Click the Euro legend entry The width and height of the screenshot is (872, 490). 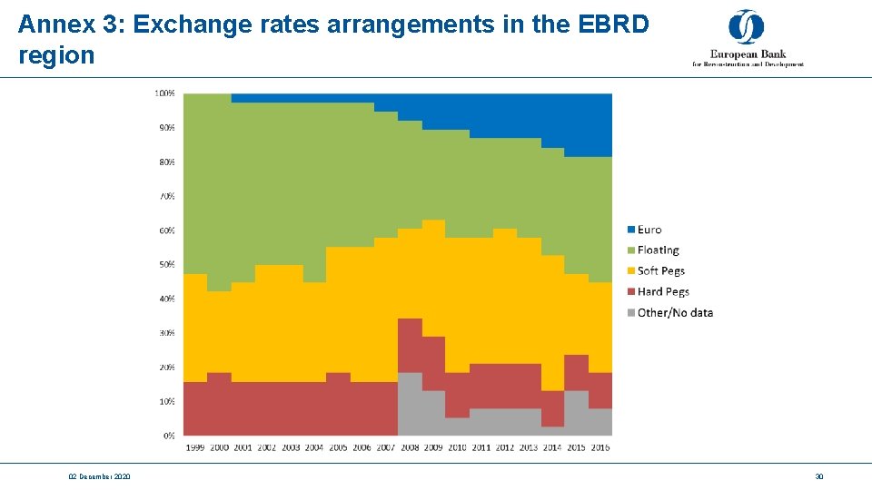click(649, 230)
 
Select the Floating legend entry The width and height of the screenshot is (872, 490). click(658, 250)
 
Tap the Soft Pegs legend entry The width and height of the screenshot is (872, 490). click(660, 271)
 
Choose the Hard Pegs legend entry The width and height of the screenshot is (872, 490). click(662, 292)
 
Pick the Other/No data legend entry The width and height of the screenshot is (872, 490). click(674, 313)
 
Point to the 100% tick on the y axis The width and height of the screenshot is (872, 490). click(165, 93)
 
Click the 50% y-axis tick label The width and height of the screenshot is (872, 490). click(167, 265)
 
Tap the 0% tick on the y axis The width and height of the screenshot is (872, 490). click(170, 436)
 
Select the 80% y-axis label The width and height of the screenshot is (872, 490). click(167, 162)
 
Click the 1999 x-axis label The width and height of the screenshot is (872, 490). click(195, 447)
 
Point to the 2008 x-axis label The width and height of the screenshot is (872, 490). click(410, 447)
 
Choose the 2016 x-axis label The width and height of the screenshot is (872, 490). click(599, 447)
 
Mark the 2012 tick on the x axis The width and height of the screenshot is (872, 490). click(504, 447)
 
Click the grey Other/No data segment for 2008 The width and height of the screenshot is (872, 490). click(410, 405)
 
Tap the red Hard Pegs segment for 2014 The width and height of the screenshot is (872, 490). click(552, 409)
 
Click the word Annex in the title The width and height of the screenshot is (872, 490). click(56, 24)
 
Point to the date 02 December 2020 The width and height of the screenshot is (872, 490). click(99, 476)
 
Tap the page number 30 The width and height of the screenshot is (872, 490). click(818, 476)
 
